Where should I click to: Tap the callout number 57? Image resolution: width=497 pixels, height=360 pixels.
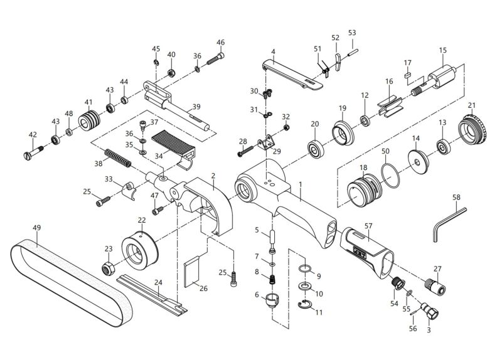(x=368, y=225)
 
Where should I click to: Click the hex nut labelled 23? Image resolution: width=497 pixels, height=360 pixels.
(x=107, y=269)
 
